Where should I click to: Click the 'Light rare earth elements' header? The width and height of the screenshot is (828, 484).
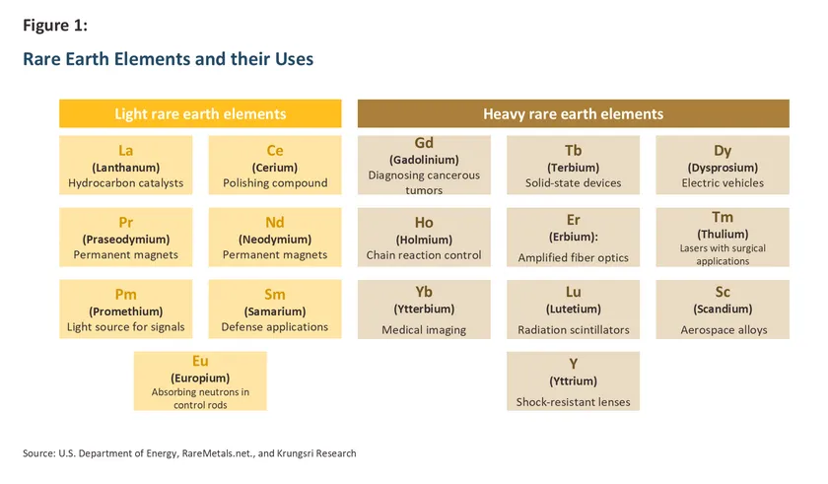(x=200, y=113)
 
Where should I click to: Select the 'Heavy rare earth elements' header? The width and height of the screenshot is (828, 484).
(x=574, y=113)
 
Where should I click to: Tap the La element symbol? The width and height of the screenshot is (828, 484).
(x=126, y=151)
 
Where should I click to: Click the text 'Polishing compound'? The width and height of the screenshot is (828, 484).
(x=275, y=183)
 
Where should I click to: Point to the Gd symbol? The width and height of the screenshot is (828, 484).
(x=424, y=143)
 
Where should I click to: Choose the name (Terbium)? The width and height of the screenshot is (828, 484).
(x=573, y=168)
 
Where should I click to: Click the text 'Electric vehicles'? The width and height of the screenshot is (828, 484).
(x=723, y=183)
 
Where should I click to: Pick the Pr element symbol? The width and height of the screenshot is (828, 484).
(x=126, y=223)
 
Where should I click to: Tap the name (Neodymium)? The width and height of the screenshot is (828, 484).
(x=275, y=240)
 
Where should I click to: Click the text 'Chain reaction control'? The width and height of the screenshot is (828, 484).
(x=424, y=255)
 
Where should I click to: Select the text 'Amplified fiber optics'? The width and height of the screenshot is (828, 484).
(x=573, y=258)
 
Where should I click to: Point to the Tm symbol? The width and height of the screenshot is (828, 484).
(x=723, y=218)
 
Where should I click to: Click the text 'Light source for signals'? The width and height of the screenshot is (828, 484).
(x=126, y=327)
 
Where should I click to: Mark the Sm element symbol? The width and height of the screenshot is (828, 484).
(x=275, y=295)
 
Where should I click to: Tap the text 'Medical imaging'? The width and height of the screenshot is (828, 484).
(x=424, y=330)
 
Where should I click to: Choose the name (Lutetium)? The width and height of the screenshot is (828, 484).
(x=573, y=310)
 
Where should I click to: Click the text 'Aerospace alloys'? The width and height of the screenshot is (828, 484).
(x=724, y=330)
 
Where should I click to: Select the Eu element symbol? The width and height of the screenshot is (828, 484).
(x=200, y=361)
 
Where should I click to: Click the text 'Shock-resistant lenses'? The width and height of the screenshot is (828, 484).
(x=573, y=402)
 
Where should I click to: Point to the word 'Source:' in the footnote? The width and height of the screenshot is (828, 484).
(x=39, y=453)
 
